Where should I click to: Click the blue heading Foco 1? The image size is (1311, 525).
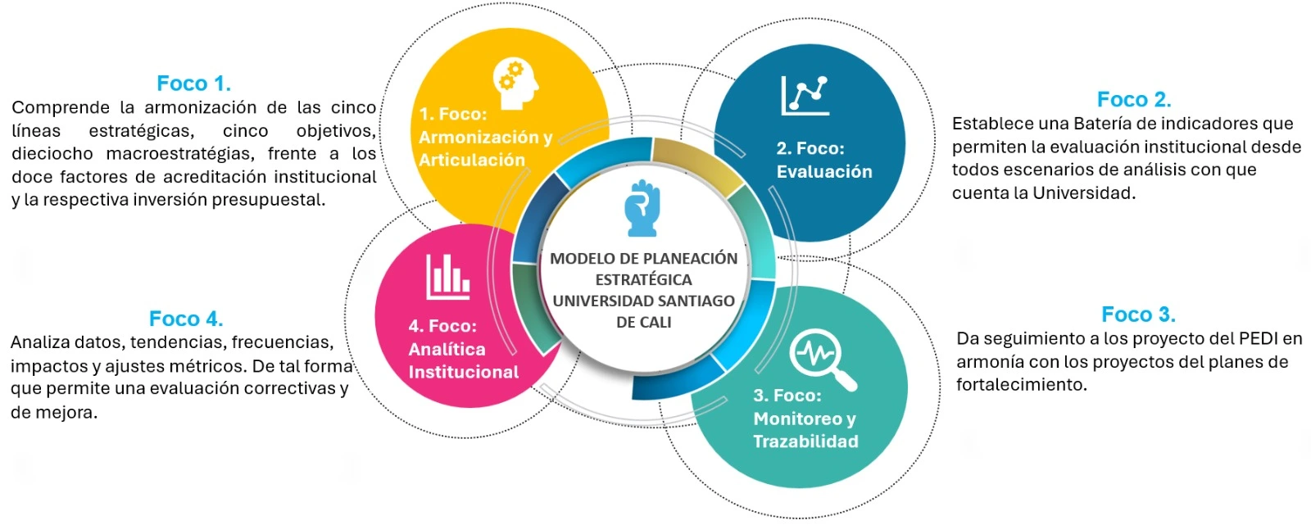point(193,84)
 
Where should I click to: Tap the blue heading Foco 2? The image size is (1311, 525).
point(1134,100)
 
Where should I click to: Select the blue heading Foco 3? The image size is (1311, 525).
point(1138,315)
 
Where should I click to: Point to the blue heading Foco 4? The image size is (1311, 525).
point(186,319)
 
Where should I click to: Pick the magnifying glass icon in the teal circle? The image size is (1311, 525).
point(822,359)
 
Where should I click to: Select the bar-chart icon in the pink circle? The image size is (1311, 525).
point(447,276)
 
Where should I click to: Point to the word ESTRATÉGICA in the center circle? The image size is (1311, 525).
point(643,279)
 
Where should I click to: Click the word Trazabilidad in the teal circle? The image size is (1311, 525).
point(805,441)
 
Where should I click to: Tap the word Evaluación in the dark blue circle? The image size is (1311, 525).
point(824,172)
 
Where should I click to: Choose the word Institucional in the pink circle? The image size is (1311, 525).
point(463,373)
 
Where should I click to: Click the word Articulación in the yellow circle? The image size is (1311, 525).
point(471,161)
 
